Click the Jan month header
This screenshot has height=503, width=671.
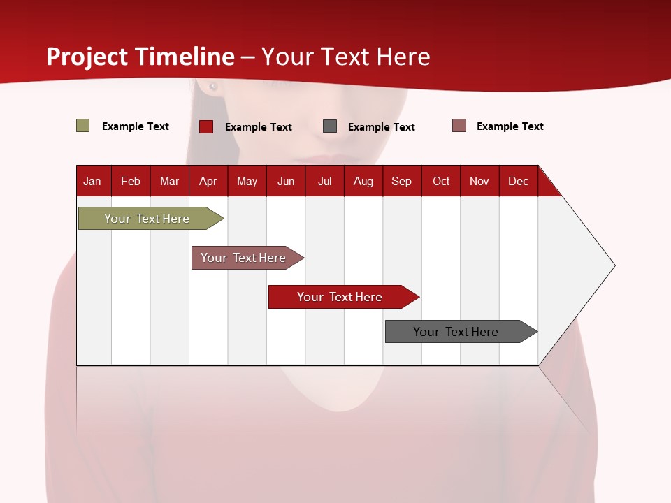[92, 181]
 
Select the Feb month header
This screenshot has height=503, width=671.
[131, 181]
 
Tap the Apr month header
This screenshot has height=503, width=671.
[208, 181]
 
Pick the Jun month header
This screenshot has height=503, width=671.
[286, 181]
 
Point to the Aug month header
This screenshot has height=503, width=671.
[363, 181]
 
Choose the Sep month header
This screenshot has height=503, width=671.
[402, 181]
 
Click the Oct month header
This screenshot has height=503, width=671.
[441, 181]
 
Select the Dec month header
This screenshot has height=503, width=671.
[519, 181]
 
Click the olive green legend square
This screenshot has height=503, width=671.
[83, 126]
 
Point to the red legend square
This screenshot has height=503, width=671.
[206, 126]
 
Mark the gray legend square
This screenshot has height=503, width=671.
[330, 126]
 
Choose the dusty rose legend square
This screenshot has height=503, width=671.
[459, 126]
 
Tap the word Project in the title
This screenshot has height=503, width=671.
[87, 57]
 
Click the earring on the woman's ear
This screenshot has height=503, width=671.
[213, 87]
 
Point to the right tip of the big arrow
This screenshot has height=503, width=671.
[614, 265]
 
